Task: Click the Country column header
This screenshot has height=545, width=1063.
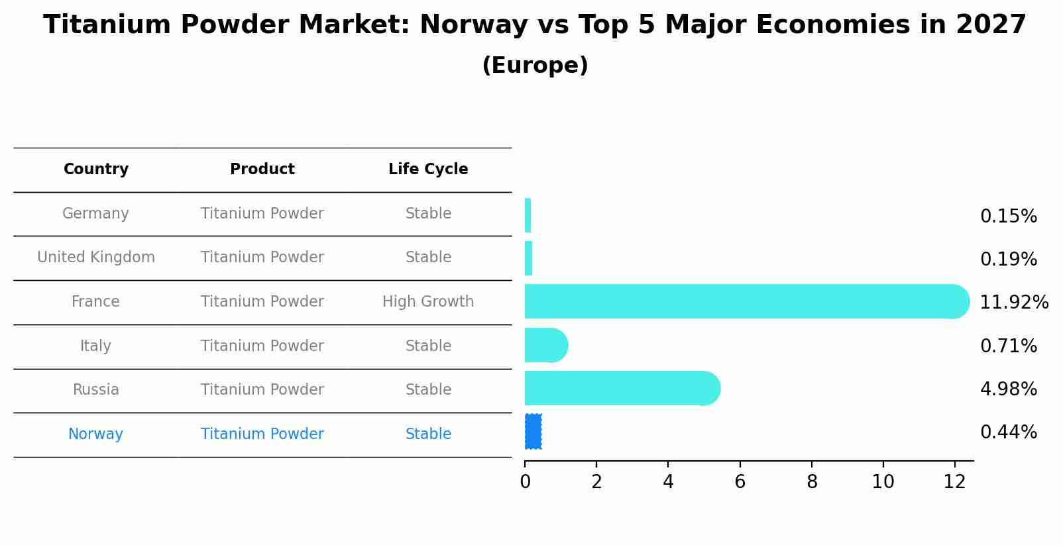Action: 96,170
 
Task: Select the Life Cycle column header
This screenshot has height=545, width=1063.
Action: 428,170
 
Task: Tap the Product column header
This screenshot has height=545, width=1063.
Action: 262,170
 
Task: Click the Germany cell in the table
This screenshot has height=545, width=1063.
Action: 95,214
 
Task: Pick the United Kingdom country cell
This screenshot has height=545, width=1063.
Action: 96,258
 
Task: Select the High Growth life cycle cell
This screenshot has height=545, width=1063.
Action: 428,302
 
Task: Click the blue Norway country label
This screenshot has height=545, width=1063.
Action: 95,434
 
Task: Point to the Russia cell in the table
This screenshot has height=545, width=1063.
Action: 96,390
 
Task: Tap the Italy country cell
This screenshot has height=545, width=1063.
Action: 95,346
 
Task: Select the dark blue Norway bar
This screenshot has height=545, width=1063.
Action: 533,432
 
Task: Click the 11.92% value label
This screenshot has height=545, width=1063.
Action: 1014,303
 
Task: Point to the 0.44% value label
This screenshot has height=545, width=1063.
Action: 1009,432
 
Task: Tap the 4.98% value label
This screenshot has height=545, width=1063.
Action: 1009,389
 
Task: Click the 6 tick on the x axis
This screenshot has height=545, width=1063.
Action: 740,482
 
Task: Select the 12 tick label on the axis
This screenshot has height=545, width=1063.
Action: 955,482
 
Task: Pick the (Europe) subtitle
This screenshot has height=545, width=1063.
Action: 535,66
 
